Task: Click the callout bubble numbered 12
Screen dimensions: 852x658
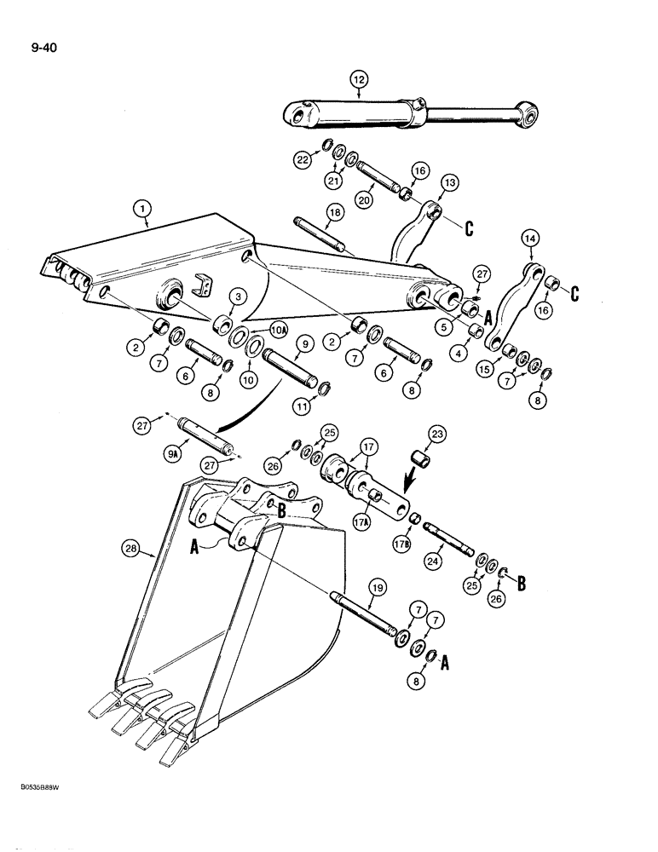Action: click(x=358, y=80)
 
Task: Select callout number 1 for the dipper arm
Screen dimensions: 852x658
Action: click(x=143, y=208)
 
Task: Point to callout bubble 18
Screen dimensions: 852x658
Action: click(x=332, y=210)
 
